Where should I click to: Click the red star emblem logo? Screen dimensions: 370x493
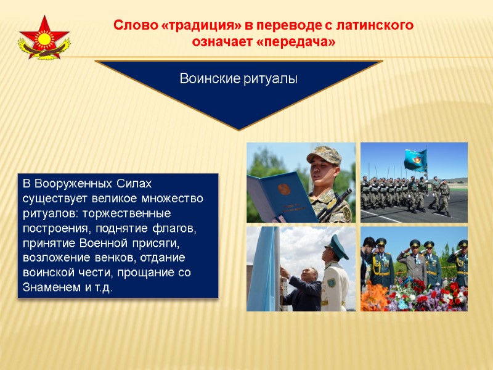click(44, 38)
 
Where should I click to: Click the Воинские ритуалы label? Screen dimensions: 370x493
click(238, 79)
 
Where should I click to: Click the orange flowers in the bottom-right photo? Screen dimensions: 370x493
click(373, 299)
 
